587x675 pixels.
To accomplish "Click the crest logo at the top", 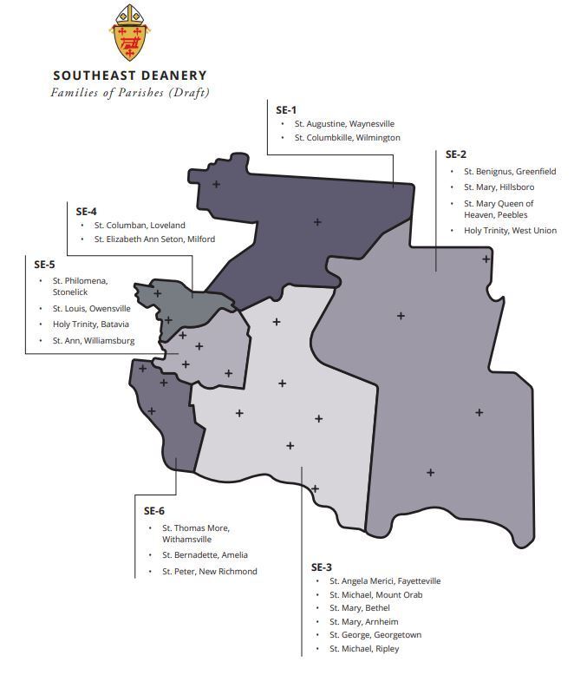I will [129, 33].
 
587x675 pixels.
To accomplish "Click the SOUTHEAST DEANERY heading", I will [130, 75].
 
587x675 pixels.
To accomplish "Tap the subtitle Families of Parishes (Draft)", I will [130, 92].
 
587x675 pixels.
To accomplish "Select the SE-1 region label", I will [286, 109].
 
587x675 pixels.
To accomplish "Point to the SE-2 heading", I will [456, 154].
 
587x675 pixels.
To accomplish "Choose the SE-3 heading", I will [322, 566].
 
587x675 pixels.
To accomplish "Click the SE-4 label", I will [87, 211].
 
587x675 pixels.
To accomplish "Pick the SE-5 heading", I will [45, 264].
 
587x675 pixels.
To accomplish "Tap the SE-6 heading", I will [153, 511].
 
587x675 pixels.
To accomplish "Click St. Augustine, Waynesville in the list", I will [344, 124].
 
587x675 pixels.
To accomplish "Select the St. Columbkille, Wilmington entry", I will [347, 138].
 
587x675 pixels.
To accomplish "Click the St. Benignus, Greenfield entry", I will [510, 171].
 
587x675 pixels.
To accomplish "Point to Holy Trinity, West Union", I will [510, 230].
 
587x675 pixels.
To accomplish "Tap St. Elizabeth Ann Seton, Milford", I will [154, 239].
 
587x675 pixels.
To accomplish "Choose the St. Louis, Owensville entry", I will [91, 308].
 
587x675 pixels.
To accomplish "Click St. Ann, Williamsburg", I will [93, 341].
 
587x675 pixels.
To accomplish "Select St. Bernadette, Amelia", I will [205, 554].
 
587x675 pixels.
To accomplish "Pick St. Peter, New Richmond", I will [209, 571].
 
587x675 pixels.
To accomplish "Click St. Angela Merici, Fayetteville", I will [385, 580].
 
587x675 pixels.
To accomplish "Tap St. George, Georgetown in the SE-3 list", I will [375, 635].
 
